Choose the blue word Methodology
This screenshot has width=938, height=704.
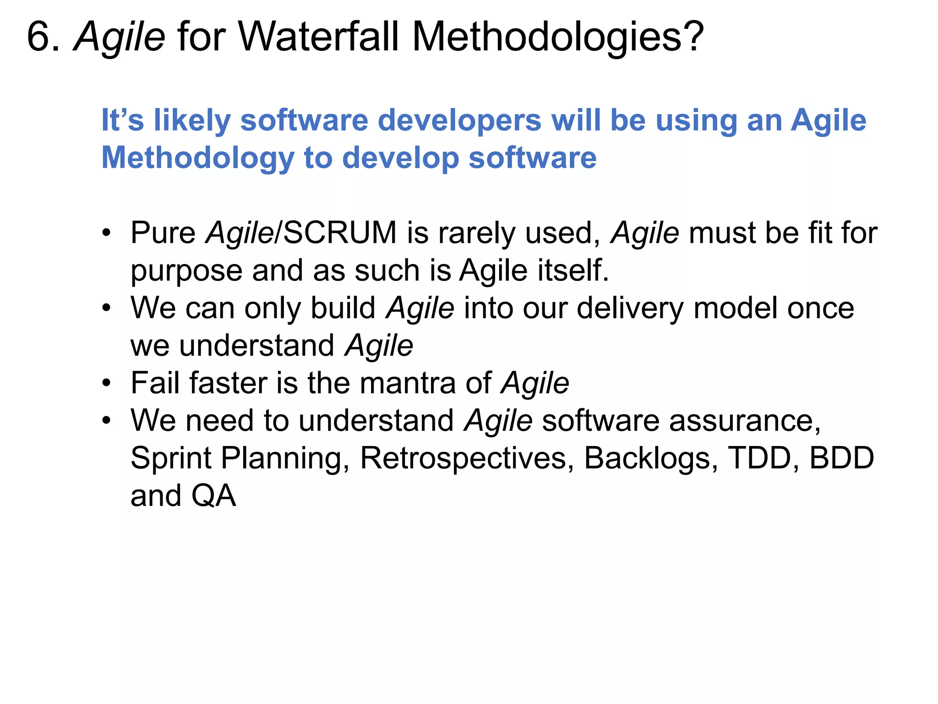coord(197,159)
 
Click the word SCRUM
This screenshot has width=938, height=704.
coord(340,233)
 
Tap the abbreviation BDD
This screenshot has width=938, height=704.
coord(842,458)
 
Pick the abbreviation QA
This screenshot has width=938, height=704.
coord(213,496)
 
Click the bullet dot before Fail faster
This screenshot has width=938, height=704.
coord(107,383)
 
